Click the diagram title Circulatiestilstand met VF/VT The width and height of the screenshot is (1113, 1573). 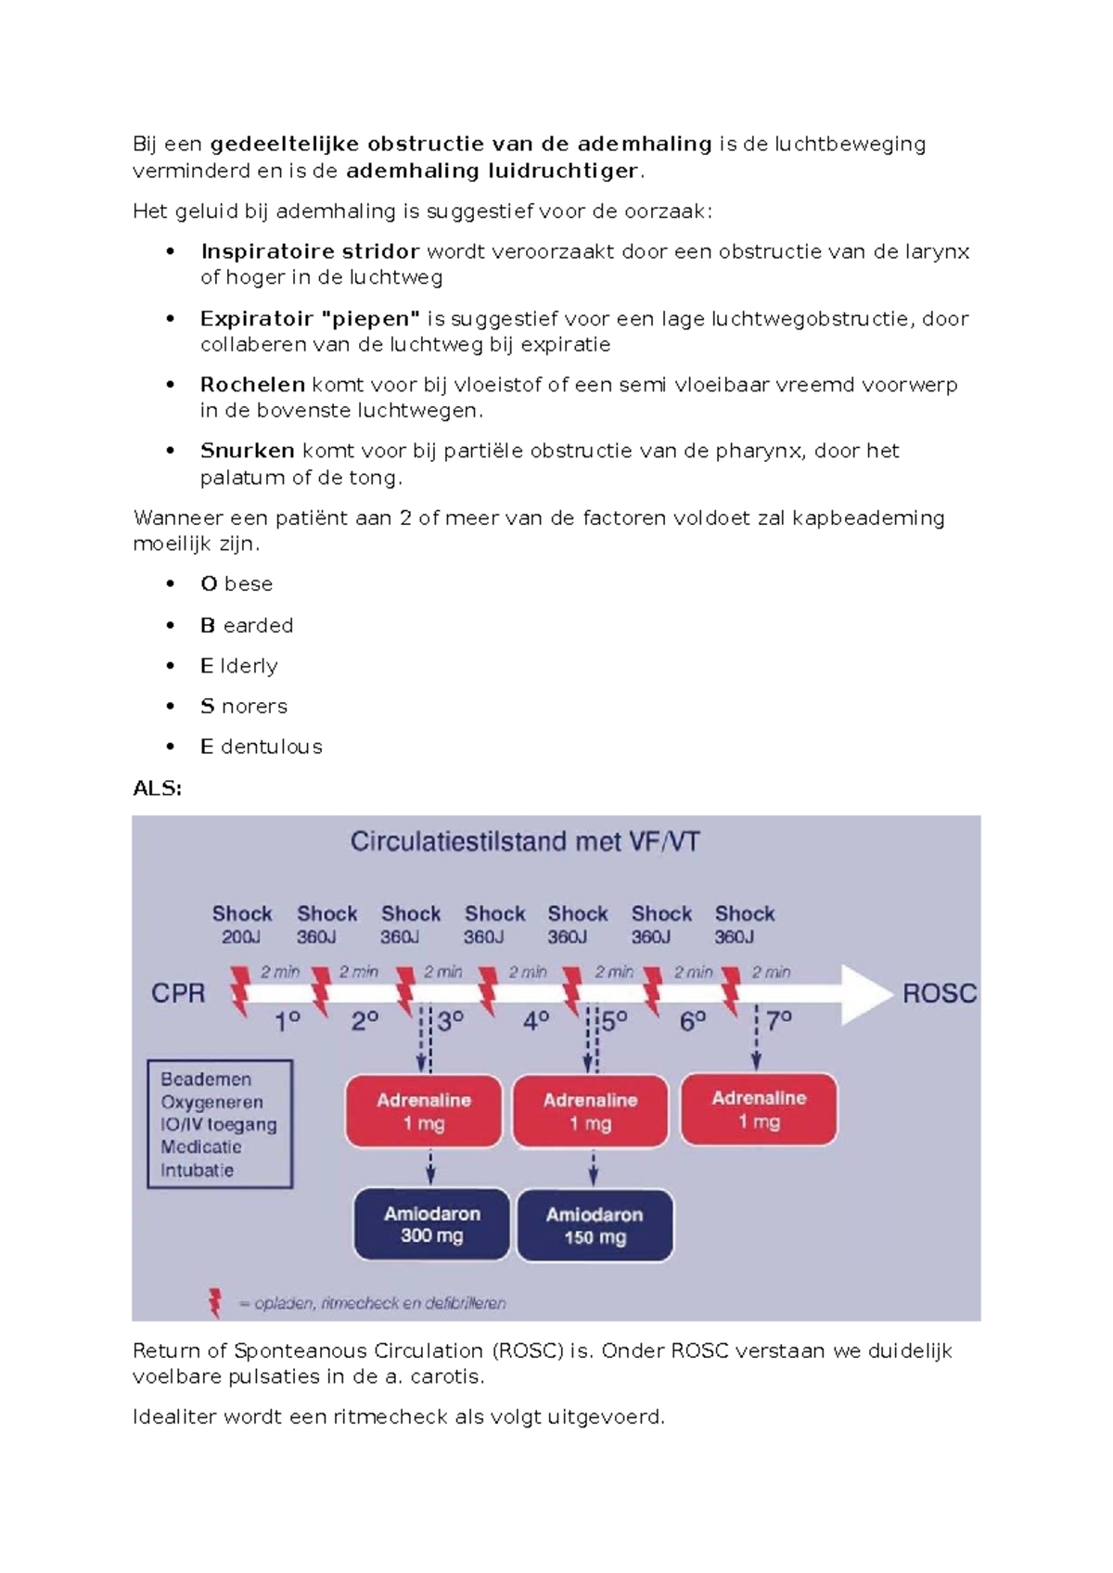coord(525,842)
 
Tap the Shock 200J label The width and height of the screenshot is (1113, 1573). coord(241,925)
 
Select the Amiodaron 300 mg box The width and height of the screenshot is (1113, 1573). coord(432,1224)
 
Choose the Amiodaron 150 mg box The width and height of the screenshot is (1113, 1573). coord(595,1225)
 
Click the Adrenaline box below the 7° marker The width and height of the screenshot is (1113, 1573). coord(759,1109)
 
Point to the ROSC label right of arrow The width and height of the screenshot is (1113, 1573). coord(939,993)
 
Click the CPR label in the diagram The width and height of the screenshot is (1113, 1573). coord(178,993)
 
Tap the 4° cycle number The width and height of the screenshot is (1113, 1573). coord(536,1021)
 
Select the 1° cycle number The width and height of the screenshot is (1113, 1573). coord(288,1021)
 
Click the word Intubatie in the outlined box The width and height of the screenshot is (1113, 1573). coord(197,1170)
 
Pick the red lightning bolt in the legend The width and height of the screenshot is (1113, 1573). coord(215,1302)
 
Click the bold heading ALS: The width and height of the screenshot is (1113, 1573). coord(157,788)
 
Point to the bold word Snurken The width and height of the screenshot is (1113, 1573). coord(247,451)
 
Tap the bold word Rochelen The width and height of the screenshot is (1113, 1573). coord(252,384)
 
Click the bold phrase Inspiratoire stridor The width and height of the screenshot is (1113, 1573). coord(310,251)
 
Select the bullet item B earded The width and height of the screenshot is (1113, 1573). coord(247,625)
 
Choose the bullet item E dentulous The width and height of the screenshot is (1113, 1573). coord(262,747)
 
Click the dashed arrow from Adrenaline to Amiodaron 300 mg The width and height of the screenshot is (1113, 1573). coord(430,1167)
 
